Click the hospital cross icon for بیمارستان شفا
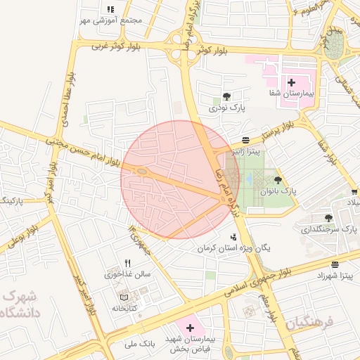(x=291, y=82)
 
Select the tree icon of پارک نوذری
(x=226, y=98)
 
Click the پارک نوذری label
(x=226, y=109)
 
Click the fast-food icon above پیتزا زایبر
(x=245, y=140)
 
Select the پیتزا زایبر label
(x=246, y=150)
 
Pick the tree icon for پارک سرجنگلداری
(x=328, y=218)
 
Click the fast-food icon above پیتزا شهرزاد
(x=335, y=265)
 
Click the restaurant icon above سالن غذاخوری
(x=127, y=264)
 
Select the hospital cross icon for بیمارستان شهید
(x=190, y=328)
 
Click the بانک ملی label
(x=138, y=344)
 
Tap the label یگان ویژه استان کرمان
(x=233, y=248)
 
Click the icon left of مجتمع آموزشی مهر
(x=110, y=9)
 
